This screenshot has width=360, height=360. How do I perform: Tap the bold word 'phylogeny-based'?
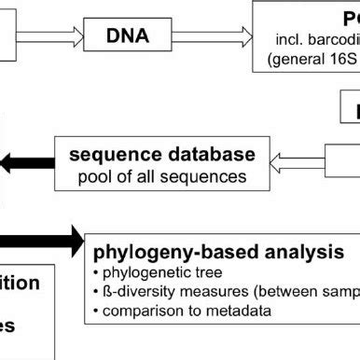click(165, 253)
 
